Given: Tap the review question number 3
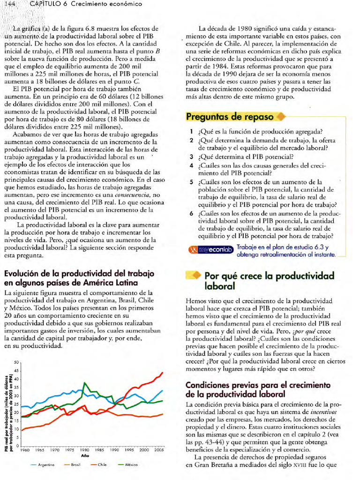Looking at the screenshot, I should click(192, 157).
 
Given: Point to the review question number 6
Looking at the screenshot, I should click(192, 213).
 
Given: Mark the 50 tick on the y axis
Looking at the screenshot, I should click(15, 362).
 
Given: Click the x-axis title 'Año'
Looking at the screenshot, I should click(85, 455).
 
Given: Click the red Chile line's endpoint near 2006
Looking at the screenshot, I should click(162, 373).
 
